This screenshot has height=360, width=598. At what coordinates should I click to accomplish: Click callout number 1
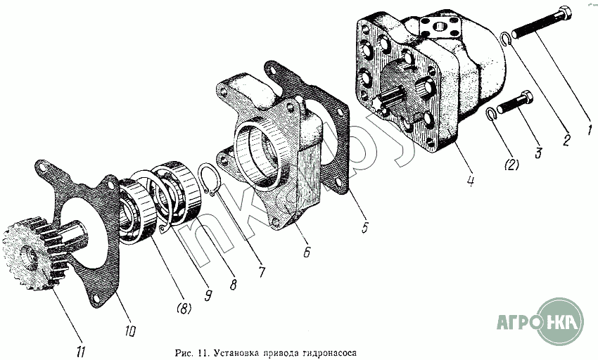(x=590, y=129)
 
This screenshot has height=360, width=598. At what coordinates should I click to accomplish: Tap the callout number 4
(x=471, y=179)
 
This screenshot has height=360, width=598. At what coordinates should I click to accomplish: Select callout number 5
(x=365, y=226)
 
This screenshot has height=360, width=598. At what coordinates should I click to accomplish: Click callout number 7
(x=262, y=271)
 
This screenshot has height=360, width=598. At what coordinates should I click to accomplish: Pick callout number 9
(x=208, y=295)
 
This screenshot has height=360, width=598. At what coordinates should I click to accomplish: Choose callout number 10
(x=130, y=330)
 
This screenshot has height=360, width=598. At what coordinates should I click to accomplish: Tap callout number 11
(x=80, y=352)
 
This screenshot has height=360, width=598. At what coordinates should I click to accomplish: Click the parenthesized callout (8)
(x=184, y=308)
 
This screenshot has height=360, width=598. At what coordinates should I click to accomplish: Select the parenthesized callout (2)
(x=511, y=165)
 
